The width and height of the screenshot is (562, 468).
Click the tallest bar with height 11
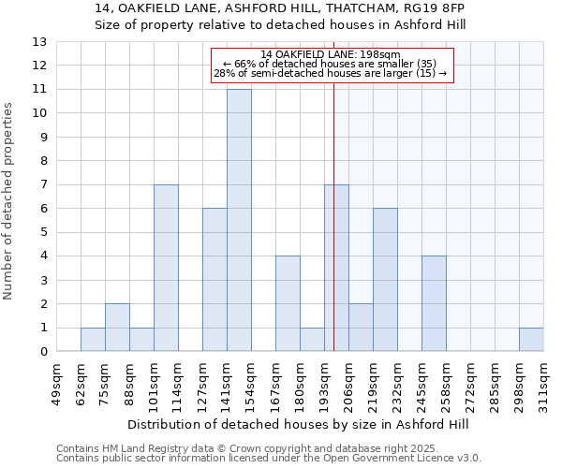(239, 221)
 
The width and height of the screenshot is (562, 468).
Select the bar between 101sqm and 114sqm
(166, 269)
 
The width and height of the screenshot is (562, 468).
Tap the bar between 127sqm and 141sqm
(214, 280)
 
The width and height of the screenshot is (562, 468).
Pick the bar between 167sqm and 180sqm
(288, 304)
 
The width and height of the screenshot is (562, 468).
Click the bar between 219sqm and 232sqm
(385, 280)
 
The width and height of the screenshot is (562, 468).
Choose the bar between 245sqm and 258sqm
(434, 304)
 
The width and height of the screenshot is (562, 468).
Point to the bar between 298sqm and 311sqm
(531, 340)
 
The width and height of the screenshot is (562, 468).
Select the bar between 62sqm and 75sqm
(93, 340)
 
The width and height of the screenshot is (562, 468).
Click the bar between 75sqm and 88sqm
(117, 328)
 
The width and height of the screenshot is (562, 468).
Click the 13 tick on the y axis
(39, 42)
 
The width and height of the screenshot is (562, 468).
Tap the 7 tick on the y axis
(42, 185)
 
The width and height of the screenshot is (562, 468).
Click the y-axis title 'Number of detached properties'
(8, 201)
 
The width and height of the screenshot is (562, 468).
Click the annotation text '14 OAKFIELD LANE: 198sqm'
(331, 54)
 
